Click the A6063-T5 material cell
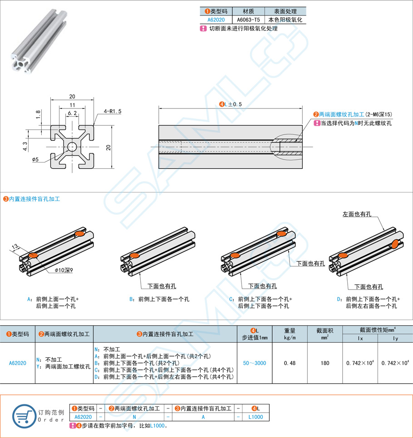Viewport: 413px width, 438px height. point(248,20)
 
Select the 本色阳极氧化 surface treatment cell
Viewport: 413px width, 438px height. point(285,20)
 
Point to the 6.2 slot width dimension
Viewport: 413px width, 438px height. point(72,113)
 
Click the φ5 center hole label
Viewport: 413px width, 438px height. point(36,159)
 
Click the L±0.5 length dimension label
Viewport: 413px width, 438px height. point(231,104)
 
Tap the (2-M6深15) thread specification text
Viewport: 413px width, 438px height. point(379,115)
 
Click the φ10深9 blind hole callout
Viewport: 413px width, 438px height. point(64,271)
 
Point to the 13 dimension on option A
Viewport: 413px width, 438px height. point(15,246)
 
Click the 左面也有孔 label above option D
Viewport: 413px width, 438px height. point(357,214)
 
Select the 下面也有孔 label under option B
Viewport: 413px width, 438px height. point(162,286)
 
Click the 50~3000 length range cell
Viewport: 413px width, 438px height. point(254,363)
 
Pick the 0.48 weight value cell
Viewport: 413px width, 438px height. point(290,363)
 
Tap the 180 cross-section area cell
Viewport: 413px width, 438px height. point(325,363)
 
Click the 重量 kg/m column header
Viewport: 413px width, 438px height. point(290,334)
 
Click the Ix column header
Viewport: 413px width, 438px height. point(360,338)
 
